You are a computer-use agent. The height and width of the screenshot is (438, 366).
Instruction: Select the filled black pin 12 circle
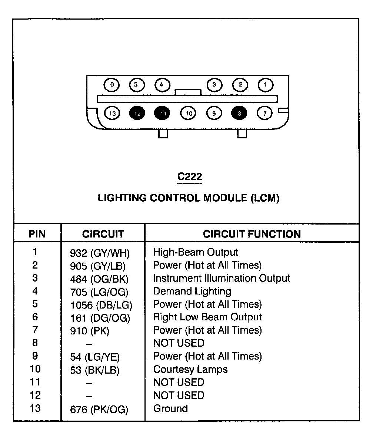tap(137, 113)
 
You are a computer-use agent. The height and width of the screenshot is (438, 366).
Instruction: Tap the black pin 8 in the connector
tap(239, 113)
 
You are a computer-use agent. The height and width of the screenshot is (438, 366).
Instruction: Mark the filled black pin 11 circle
tap(162, 113)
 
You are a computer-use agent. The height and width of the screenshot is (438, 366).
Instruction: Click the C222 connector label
tap(190, 176)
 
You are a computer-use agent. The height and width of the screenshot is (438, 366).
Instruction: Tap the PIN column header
tap(37, 234)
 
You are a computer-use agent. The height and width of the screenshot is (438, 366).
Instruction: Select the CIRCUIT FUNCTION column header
tap(252, 234)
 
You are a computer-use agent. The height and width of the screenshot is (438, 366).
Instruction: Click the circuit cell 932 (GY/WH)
tap(100, 253)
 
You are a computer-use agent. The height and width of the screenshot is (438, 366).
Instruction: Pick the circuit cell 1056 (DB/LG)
tap(101, 305)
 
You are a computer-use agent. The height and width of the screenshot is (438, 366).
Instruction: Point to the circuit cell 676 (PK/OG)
tap(99, 410)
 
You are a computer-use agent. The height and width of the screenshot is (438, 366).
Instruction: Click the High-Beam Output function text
tap(196, 252)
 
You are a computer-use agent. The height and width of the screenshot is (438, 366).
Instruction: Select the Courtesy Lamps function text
tap(190, 369)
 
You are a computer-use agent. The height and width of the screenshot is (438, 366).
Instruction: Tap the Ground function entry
tap(170, 408)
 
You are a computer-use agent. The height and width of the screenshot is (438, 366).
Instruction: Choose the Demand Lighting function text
tap(192, 292)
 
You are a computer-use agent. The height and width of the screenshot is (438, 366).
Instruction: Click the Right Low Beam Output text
tap(207, 317)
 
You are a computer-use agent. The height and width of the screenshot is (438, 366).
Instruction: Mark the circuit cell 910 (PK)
tap(90, 331)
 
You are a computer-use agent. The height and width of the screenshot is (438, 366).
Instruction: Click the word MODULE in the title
tap(225, 198)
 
